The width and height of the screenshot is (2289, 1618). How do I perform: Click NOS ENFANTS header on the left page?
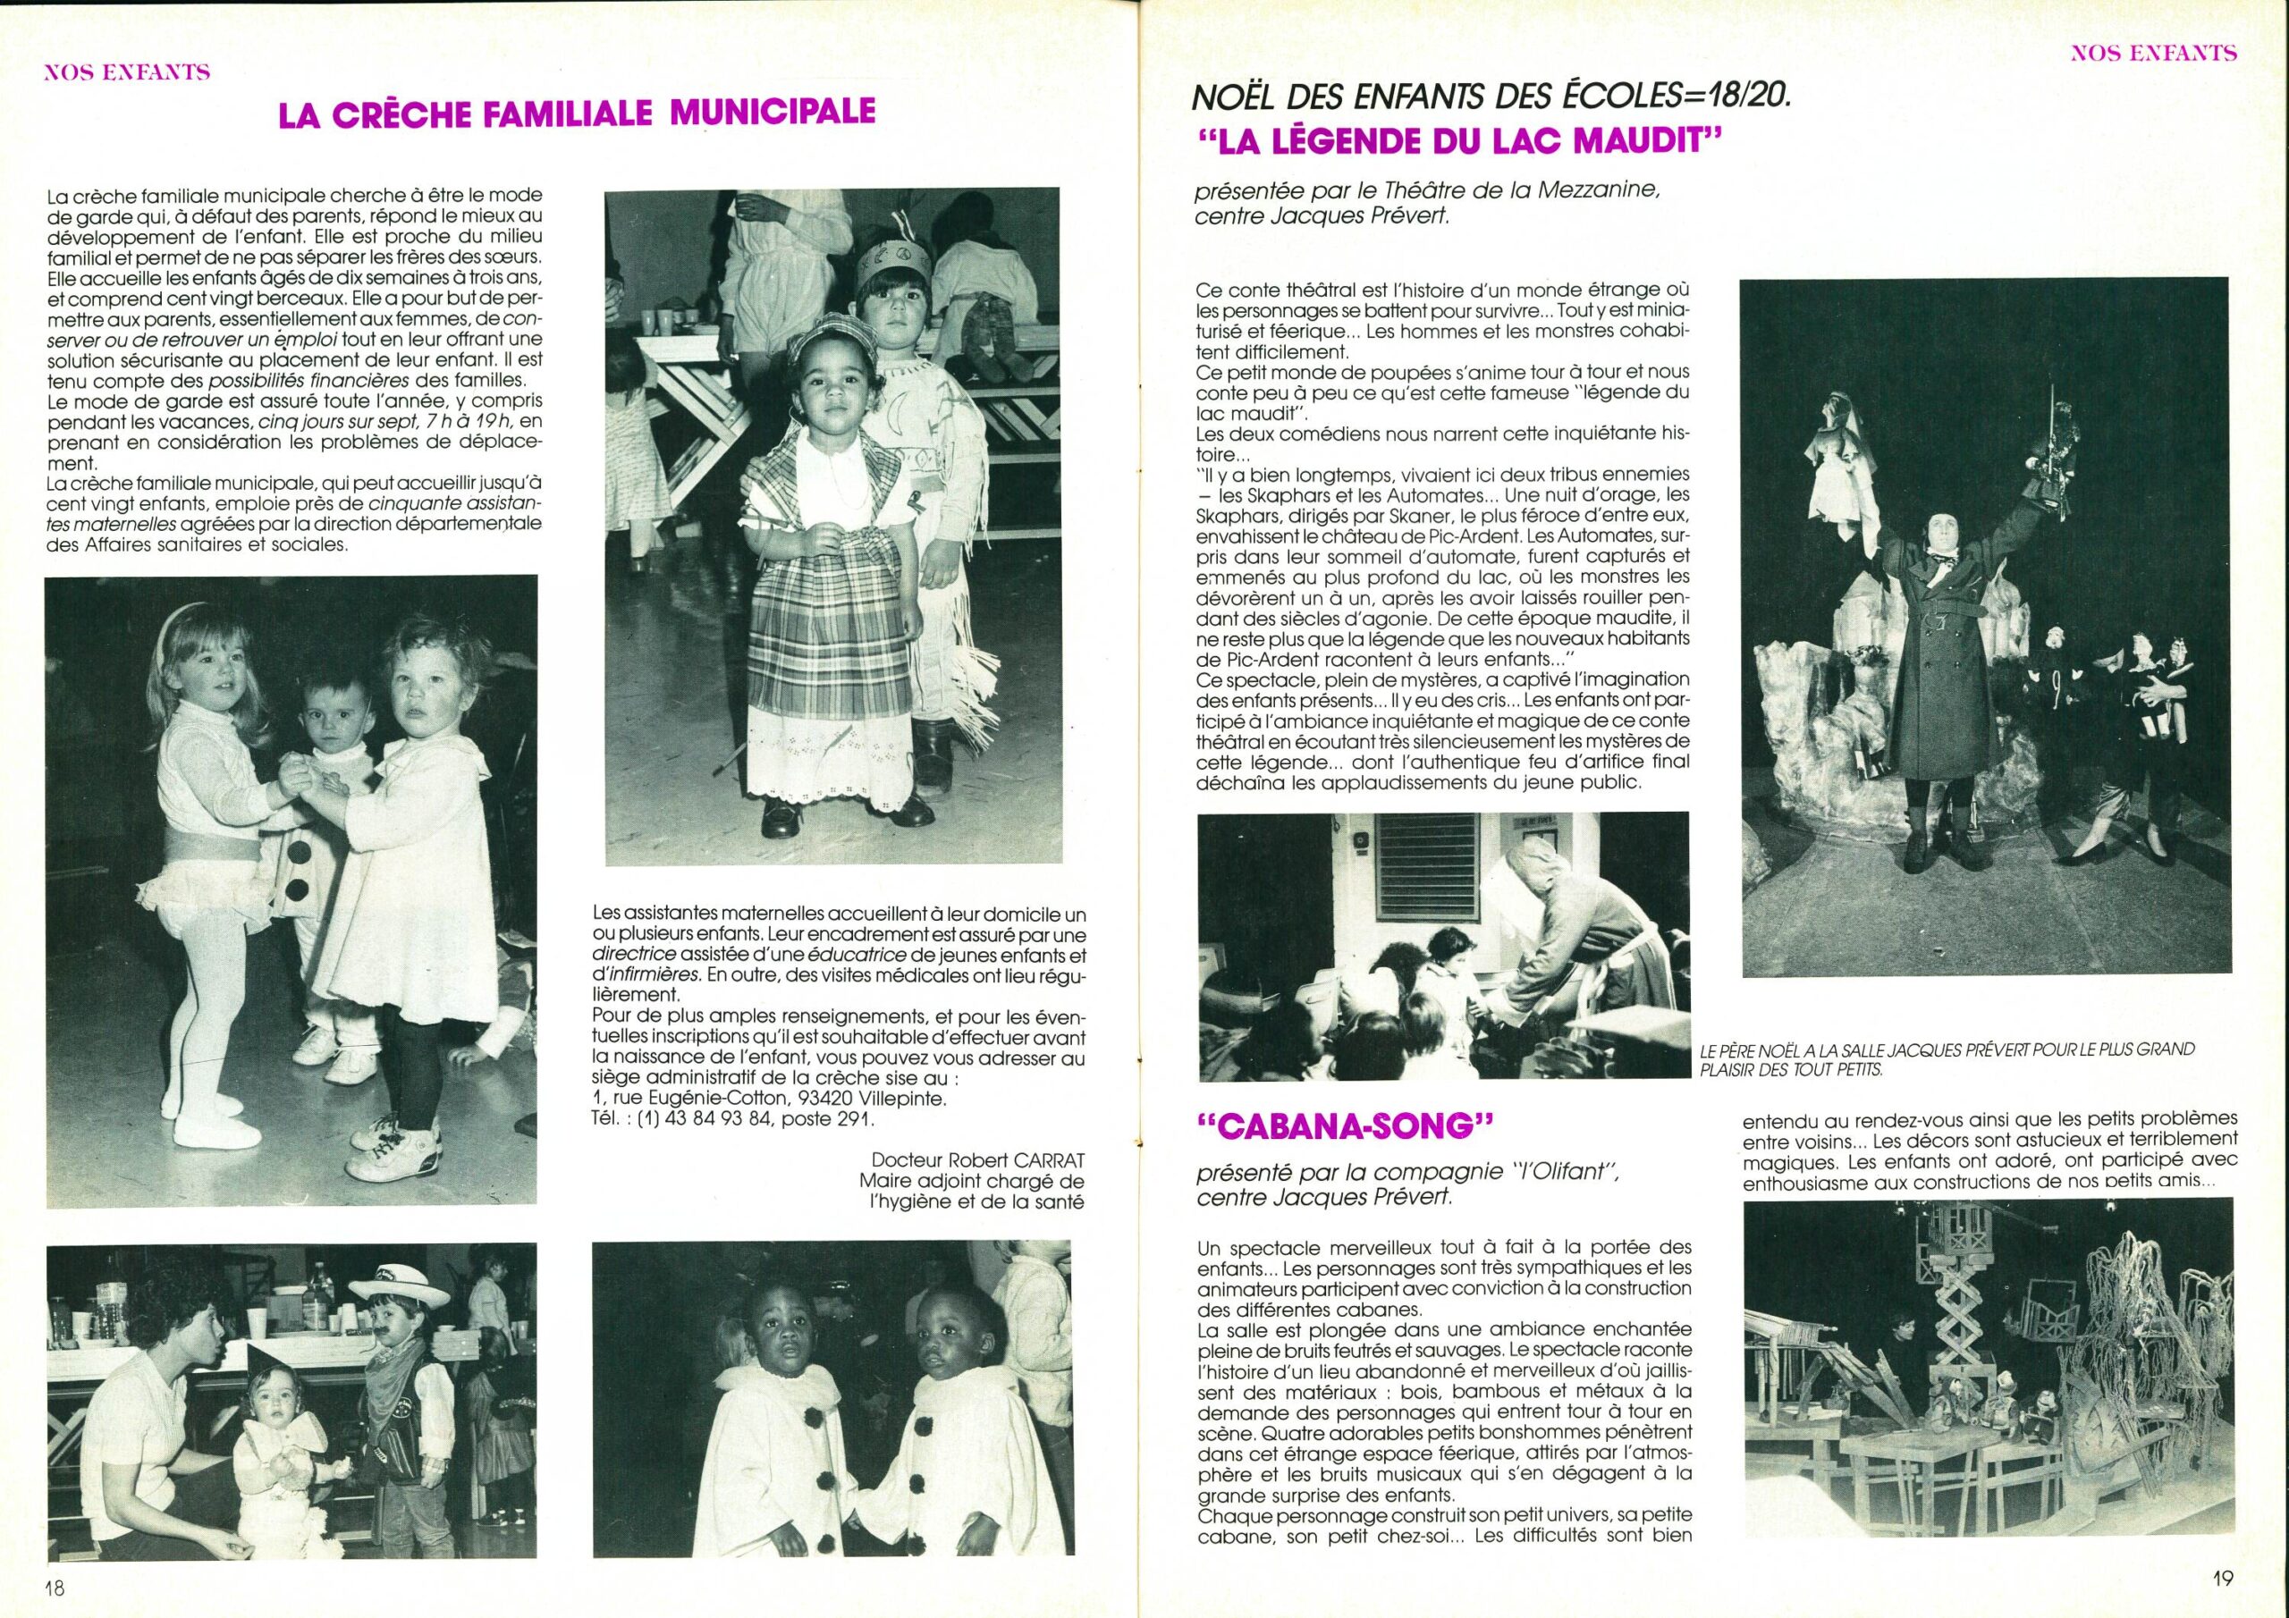pyautogui.click(x=127, y=72)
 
